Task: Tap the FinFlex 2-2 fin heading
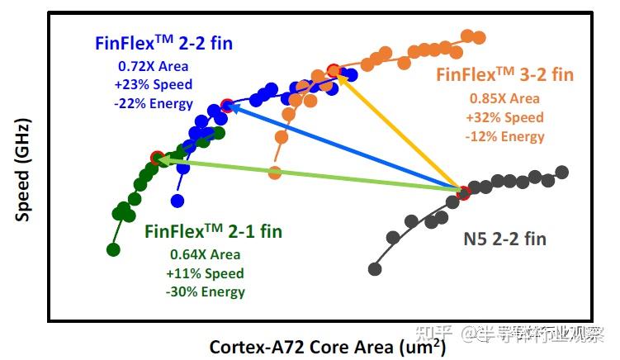pos(163,43)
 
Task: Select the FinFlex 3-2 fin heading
pos(504,75)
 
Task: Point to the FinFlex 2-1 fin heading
pos(213,232)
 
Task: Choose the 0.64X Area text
pos(206,254)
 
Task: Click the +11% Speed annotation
pos(206,273)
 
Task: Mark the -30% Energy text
pos(206,291)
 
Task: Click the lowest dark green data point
pos(114,249)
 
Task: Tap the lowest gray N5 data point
pos(375,268)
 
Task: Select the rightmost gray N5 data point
pos(562,172)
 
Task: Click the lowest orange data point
pos(275,173)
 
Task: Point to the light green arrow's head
pos(157,159)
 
